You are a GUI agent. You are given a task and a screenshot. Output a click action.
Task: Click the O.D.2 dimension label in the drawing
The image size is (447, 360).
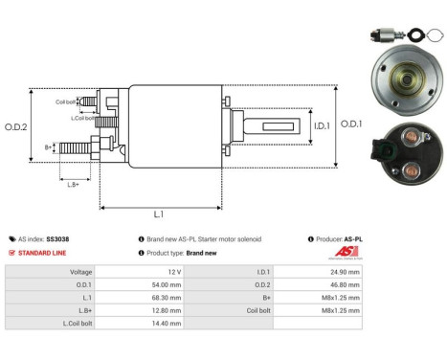coord(16,125)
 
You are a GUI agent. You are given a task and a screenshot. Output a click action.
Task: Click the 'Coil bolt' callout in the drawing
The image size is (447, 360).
coord(65,101)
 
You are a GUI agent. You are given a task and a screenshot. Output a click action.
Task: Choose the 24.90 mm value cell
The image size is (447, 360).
coord(345,271)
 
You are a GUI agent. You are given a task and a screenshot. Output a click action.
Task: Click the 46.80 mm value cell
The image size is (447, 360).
coord(345,284)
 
